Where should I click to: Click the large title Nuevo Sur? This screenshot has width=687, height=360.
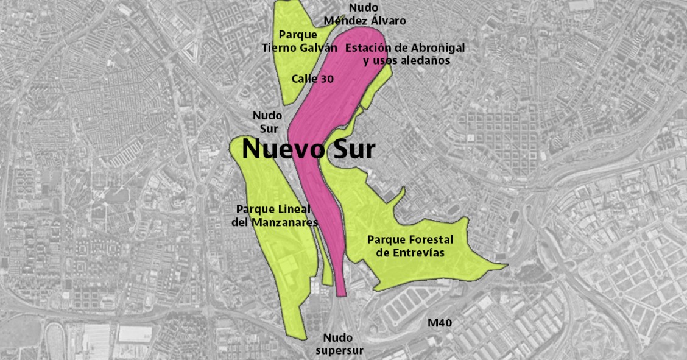point(308,149)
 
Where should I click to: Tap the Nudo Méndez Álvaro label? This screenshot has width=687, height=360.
point(364,14)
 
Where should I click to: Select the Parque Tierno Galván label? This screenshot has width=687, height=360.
point(299,41)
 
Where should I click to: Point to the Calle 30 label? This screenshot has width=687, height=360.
point(312,78)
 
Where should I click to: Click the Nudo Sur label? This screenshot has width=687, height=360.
point(267,121)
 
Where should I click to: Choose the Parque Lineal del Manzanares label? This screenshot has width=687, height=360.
point(275,216)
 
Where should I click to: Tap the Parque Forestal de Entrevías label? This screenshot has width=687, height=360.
point(410,246)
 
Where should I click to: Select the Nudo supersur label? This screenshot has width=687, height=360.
point(340,344)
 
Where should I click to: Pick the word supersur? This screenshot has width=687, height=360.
point(340,350)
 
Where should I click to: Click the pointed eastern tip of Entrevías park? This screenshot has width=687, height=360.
point(505,265)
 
